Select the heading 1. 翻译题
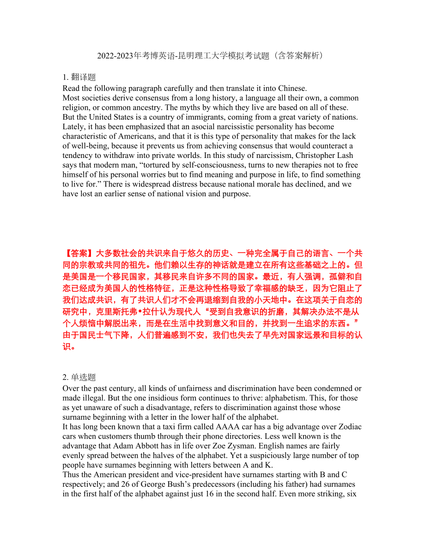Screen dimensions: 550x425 pos(79,77)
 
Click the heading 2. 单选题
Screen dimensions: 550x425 pos(79,377)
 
